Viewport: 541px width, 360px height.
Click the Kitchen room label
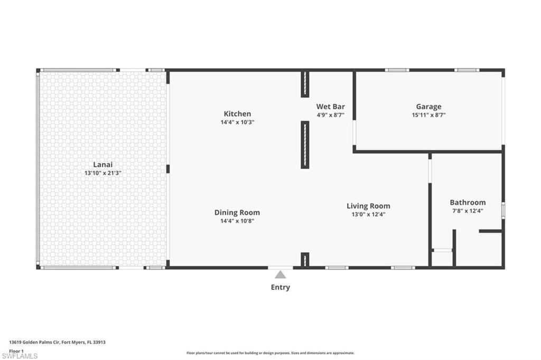coord(237,113)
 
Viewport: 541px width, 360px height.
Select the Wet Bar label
coord(330,106)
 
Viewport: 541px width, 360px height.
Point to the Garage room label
coord(428,106)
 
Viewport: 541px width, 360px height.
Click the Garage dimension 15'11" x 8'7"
coord(428,115)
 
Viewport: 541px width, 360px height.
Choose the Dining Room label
coord(237,212)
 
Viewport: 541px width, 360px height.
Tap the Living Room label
coord(368,206)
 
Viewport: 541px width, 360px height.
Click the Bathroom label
coord(468,202)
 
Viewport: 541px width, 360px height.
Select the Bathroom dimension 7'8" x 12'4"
coord(468,211)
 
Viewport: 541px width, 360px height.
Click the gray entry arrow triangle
coord(280,274)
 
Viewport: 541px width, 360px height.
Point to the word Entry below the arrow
coord(280,287)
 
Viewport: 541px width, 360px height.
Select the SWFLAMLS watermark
coord(20,356)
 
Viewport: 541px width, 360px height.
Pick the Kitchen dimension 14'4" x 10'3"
coord(237,122)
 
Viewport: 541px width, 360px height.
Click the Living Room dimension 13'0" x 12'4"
coord(368,214)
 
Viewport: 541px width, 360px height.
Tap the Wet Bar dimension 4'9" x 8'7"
coord(330,115)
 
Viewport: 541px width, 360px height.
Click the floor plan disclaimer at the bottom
coord(270,353)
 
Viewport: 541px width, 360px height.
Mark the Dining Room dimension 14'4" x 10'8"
coord(237,221)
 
